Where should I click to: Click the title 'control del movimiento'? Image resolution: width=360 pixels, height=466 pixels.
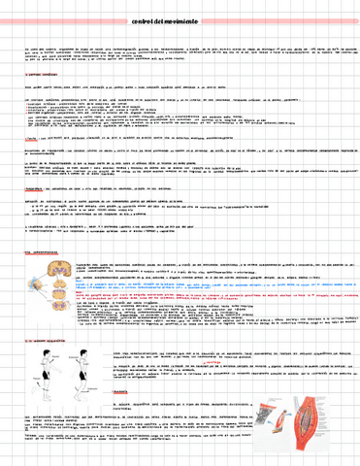[x=180, y=20]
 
